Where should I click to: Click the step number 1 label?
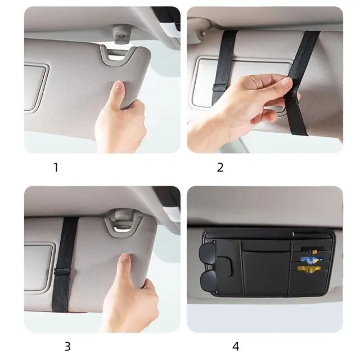(56, 168)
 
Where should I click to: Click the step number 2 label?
(220, 168)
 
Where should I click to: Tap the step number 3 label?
(67, 346)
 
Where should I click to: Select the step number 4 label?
(236, 346)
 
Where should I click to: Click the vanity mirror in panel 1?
(35, 88)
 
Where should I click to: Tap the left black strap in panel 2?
(224, 66)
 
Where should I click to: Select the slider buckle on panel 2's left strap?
(220, 87)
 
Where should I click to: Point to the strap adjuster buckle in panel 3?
(62, 271)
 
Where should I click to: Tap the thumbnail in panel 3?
(125, 260)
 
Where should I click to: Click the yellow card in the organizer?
(309, 269)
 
